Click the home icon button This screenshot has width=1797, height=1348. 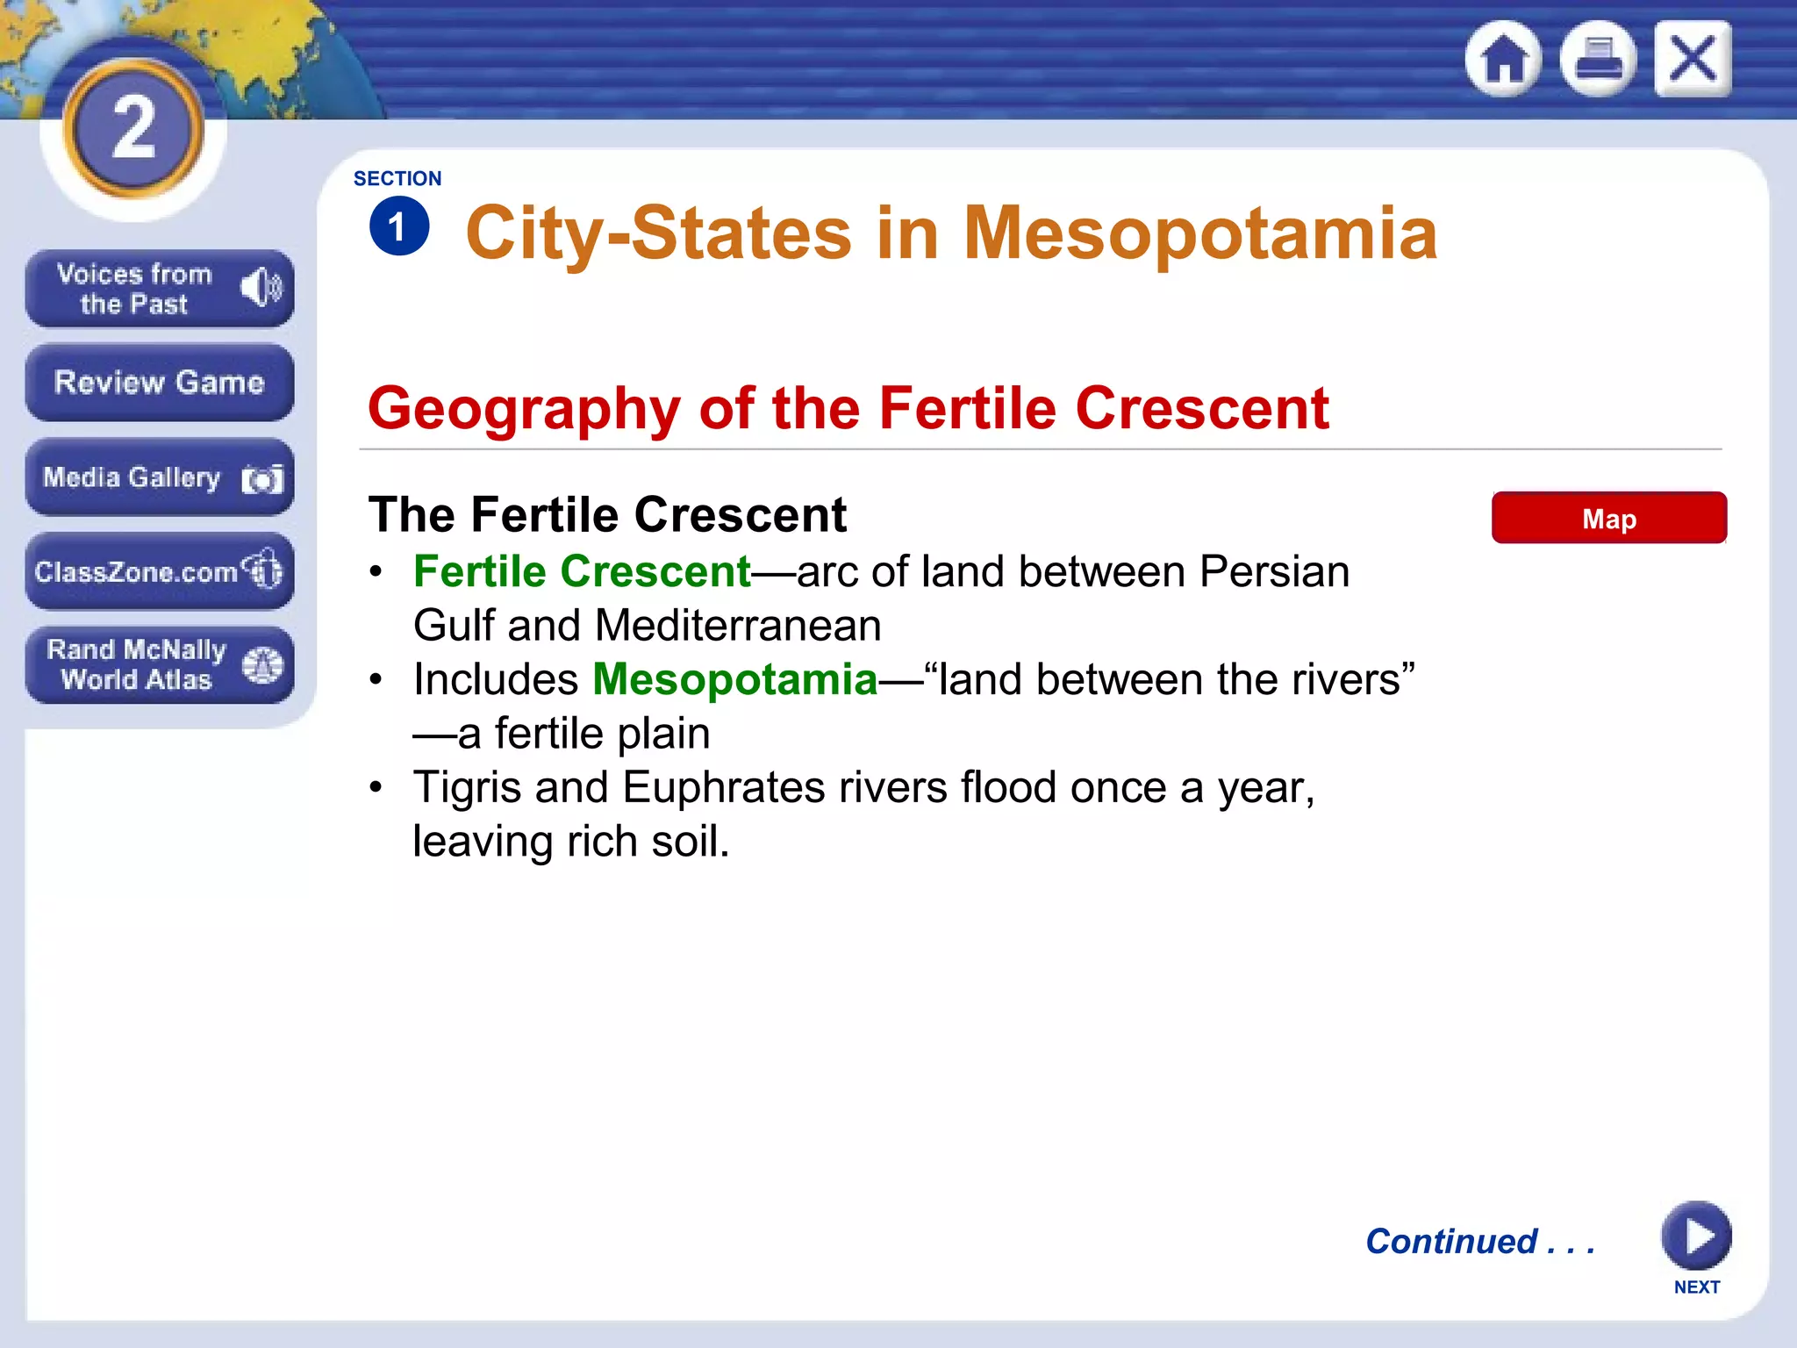click(1503, 59)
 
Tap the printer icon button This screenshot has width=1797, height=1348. click(1598, 59)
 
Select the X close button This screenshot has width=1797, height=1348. click(1693, 59)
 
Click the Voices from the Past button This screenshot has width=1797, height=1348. click(159, 289)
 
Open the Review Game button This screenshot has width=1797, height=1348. click(159, 383)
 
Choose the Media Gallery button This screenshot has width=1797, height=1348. click(159, 477)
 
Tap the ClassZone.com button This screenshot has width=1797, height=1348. click(159, 571)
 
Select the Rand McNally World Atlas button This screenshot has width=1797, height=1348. click(159, 664)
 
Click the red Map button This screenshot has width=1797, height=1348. click(1608, 518)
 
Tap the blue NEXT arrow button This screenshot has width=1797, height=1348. click(1696, 1236)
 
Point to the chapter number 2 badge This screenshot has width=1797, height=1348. click(133, 128)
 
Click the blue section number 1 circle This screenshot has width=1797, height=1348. click(399, 226)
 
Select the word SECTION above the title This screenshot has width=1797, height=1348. click(397, 178)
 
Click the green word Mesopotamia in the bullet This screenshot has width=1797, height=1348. click(735, 679)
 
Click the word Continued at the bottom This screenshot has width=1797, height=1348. click(1451, 1241)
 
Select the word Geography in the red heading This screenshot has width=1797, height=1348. click(524, 408)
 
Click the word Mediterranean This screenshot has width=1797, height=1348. click(738, 626)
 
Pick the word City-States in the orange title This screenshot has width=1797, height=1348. click(658, 233)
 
